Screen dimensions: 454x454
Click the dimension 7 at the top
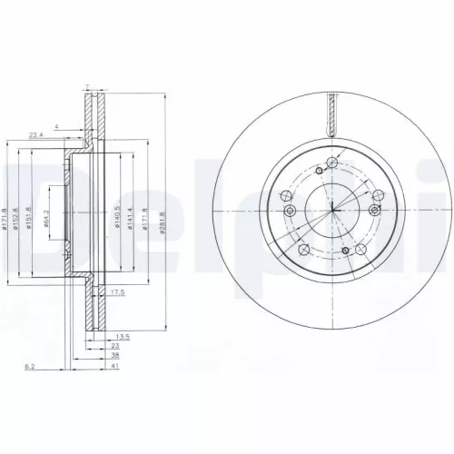[x=86, y=87]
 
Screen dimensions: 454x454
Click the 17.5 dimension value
[x=116, y=293]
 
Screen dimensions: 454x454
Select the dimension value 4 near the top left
[x=56, y=124]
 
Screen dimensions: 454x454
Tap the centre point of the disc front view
[x=333, y=210]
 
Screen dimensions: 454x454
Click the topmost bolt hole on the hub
[x=333, y=161]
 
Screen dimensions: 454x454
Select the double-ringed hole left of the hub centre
[x=290, y=212]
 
